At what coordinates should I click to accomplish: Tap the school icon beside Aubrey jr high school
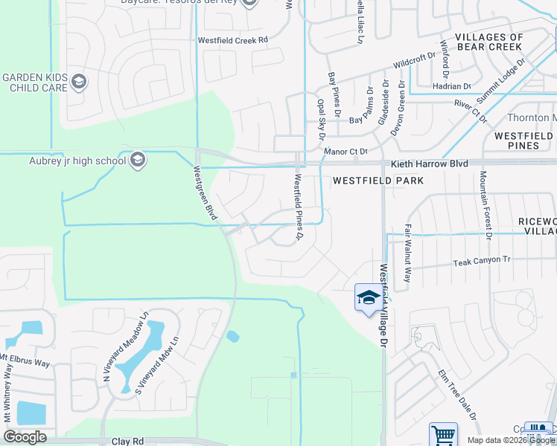coord(137,160)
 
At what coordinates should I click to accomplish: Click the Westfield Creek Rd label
coord(232,40)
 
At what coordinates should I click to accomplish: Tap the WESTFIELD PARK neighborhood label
coord(378,181)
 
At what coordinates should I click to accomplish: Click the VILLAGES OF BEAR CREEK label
coord(489,42)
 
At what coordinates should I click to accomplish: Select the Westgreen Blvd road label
coord(204,193)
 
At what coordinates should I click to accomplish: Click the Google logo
coord(25,437)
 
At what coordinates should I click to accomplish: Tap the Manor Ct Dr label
coord(347,151)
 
